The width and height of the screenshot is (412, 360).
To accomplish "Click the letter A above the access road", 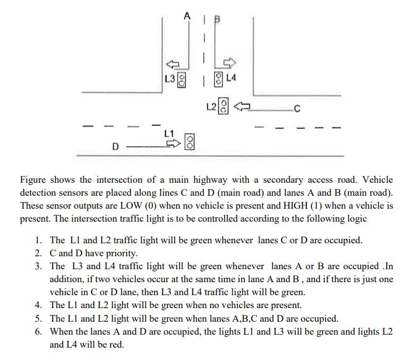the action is [187, 16].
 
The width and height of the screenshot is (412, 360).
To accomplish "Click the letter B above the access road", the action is [217, 19].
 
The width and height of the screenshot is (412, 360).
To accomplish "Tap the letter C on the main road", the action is [297, 109].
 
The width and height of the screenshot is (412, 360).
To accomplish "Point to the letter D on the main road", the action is [116, 146].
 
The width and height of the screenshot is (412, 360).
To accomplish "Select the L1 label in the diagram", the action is [169, 133].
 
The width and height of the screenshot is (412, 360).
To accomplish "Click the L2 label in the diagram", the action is [211, 107].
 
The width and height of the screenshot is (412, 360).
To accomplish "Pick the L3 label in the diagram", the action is [170, 79].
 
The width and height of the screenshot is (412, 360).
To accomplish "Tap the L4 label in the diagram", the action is [231, 78].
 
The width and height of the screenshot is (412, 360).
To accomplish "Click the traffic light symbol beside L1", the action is [190, 142].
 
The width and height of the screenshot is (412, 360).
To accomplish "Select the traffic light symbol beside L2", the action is [224, 106].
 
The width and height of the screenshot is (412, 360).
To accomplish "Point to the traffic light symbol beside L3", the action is [182, 80].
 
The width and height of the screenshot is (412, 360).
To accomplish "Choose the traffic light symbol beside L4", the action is [218, 79].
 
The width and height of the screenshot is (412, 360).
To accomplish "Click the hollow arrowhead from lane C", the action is [242, 106].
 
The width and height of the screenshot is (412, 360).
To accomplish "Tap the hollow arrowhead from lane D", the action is [174, 143].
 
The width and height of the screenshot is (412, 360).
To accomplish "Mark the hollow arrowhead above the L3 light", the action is [172, 64].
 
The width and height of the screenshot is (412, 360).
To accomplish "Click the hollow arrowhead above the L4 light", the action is [230, 62].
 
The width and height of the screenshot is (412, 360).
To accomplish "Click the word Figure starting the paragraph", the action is [33, 180].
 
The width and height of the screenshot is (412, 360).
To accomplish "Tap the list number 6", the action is [38, 332].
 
